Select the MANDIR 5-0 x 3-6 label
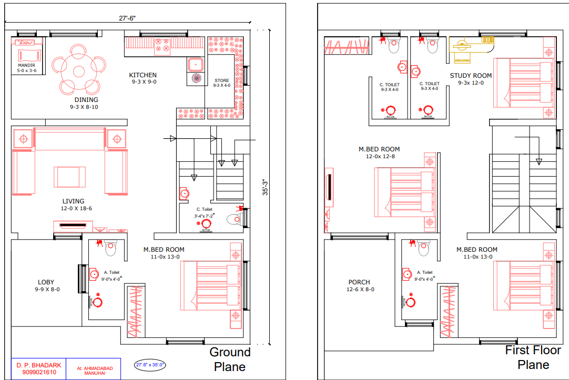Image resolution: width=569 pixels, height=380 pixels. coord(27,68)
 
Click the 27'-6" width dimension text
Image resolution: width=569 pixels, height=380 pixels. coord(127,18)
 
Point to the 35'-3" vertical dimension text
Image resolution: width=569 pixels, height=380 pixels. coord(265,188)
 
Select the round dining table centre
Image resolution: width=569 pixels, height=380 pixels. coord(79,71)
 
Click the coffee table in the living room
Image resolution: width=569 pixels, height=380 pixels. coord(69,177)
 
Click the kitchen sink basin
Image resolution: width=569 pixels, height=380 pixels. coord(196,65)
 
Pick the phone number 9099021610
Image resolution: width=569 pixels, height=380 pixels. coord(39,373)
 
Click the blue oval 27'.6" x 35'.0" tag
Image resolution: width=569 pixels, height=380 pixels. coord(150,365)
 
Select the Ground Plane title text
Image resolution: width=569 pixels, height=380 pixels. coord(230,360)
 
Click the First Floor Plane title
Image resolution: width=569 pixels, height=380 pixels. coord(533,357)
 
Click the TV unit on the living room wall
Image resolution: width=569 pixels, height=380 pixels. coord(73,226)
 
